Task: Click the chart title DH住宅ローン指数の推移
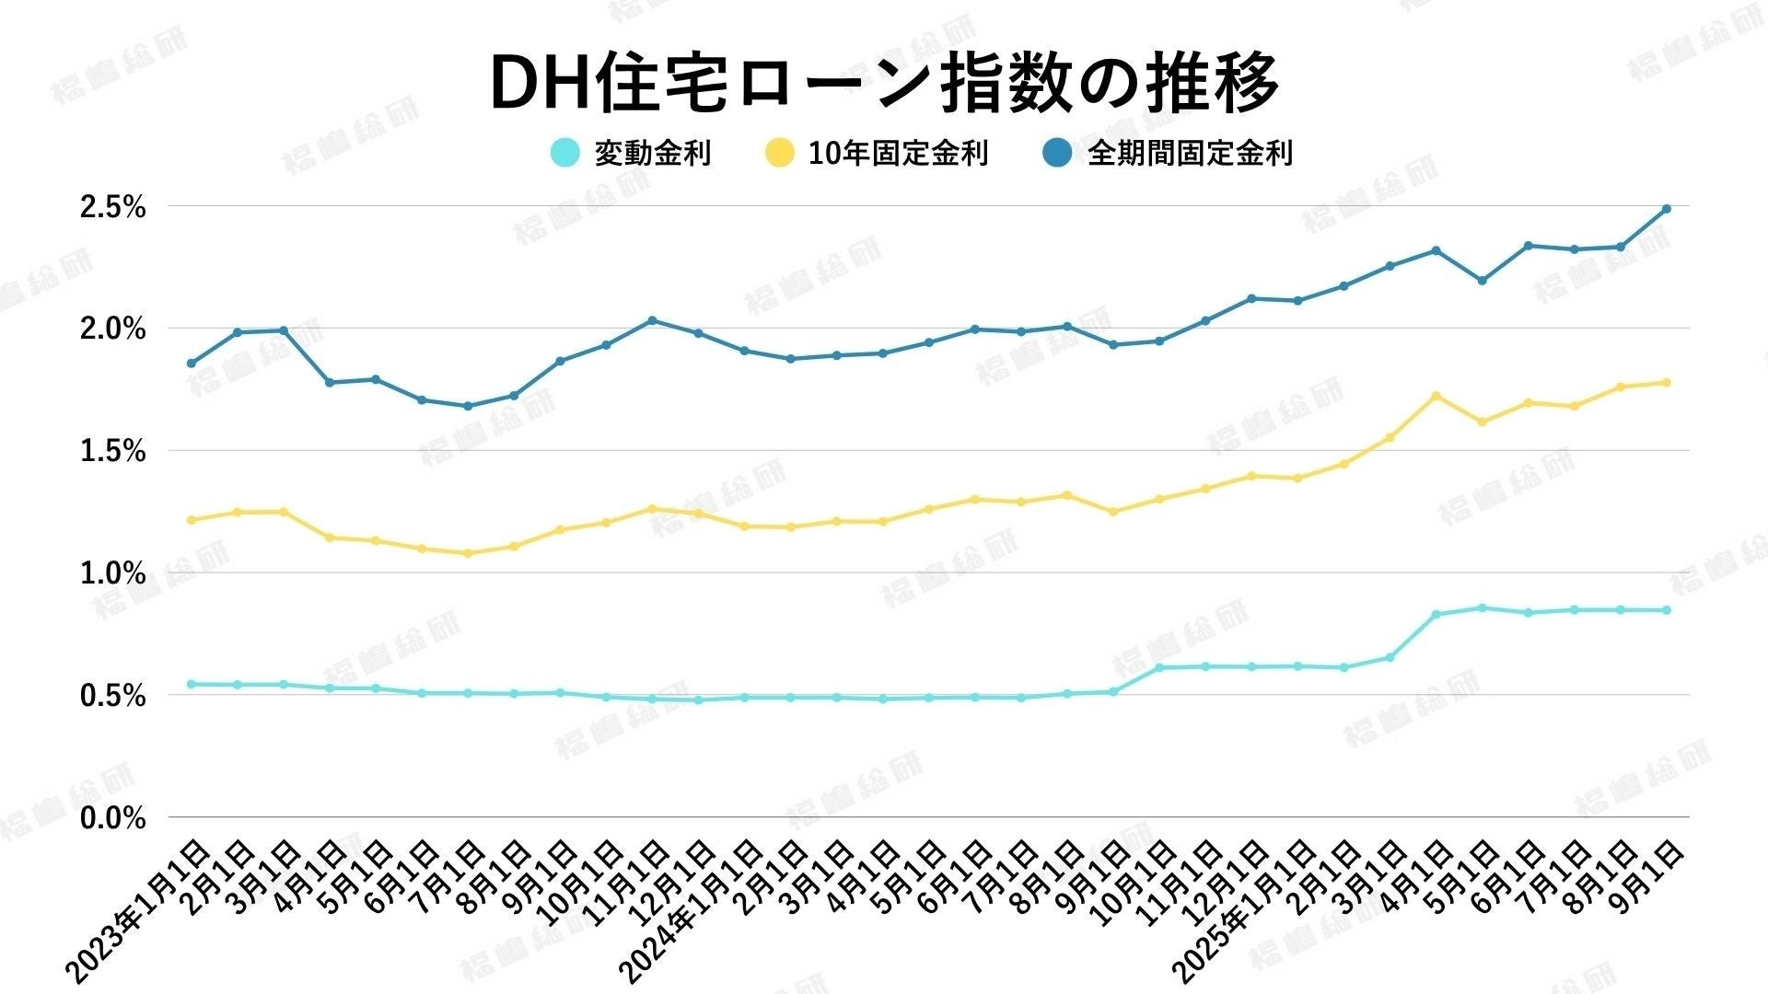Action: point(884,83)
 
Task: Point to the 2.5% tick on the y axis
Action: point(112,208)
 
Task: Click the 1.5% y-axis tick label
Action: point(112,452)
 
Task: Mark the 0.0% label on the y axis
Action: point(112,818)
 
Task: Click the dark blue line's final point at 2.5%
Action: point(1666,209)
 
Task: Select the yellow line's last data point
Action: point(1666,382)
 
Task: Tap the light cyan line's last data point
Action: point(1666,610)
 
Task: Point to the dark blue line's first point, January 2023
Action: point(192,364)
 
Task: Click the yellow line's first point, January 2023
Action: point(192,520)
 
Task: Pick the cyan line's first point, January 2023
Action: point(192,684)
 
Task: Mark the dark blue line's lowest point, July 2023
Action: point(468,406)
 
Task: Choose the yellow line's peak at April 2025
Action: point(1436,396)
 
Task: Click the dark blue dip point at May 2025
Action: point(1482,281)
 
